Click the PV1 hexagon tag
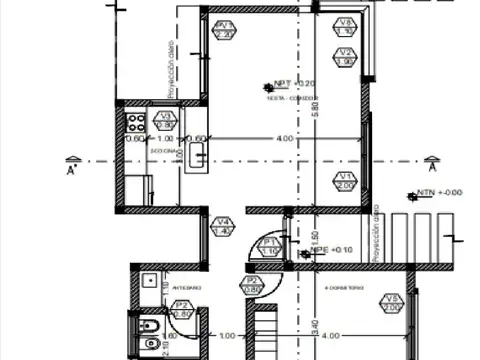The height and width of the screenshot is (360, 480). pyautogui.click(x=224, y=29)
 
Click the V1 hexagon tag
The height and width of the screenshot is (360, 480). pyautogui.click(x=343, y=180)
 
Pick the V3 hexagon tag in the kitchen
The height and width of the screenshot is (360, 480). pyautogui.click(x=165, y=120)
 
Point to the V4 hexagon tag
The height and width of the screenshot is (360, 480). pyautogui.click(x=223, y=226)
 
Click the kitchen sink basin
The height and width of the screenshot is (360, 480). pyautogui.click(x=197, y=155)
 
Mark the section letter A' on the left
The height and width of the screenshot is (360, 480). pyautogui.click(x=73, y=169)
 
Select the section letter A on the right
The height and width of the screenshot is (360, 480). pyautogui.click(x=432, y=169)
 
